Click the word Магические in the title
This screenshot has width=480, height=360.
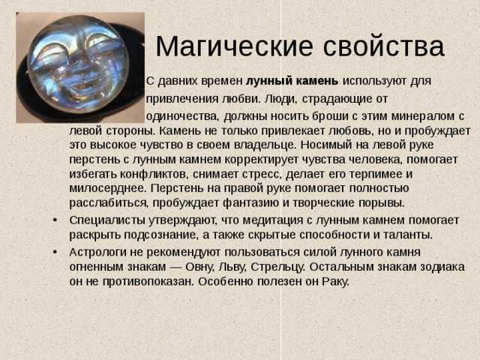[235, 46]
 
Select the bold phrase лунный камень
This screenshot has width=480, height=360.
[292, 81]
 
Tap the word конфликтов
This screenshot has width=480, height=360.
[154, 174]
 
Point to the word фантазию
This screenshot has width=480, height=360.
[251, 203]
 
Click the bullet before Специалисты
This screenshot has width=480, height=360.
[55, 220]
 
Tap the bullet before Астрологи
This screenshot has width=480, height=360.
[55, 252]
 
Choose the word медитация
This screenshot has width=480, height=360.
[273, 220]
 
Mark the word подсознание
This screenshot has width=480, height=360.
[159, 235]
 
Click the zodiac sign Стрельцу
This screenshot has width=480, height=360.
[278, 267]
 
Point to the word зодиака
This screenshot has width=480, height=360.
[442, 267]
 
